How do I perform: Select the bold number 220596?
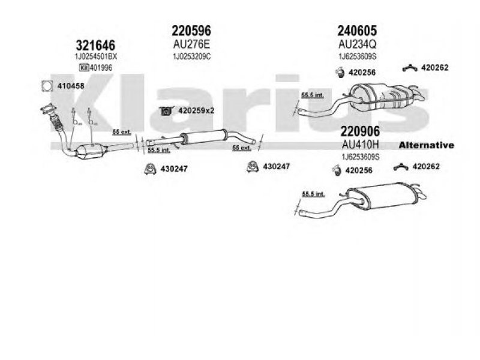[x=191, y=30]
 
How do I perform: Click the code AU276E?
[x=191, y=44]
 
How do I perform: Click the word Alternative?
[x=427, y=146]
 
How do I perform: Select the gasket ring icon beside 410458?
[x=46, y=86]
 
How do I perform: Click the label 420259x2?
[x=195, y=110]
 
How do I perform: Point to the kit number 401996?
[x=86, y=67]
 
